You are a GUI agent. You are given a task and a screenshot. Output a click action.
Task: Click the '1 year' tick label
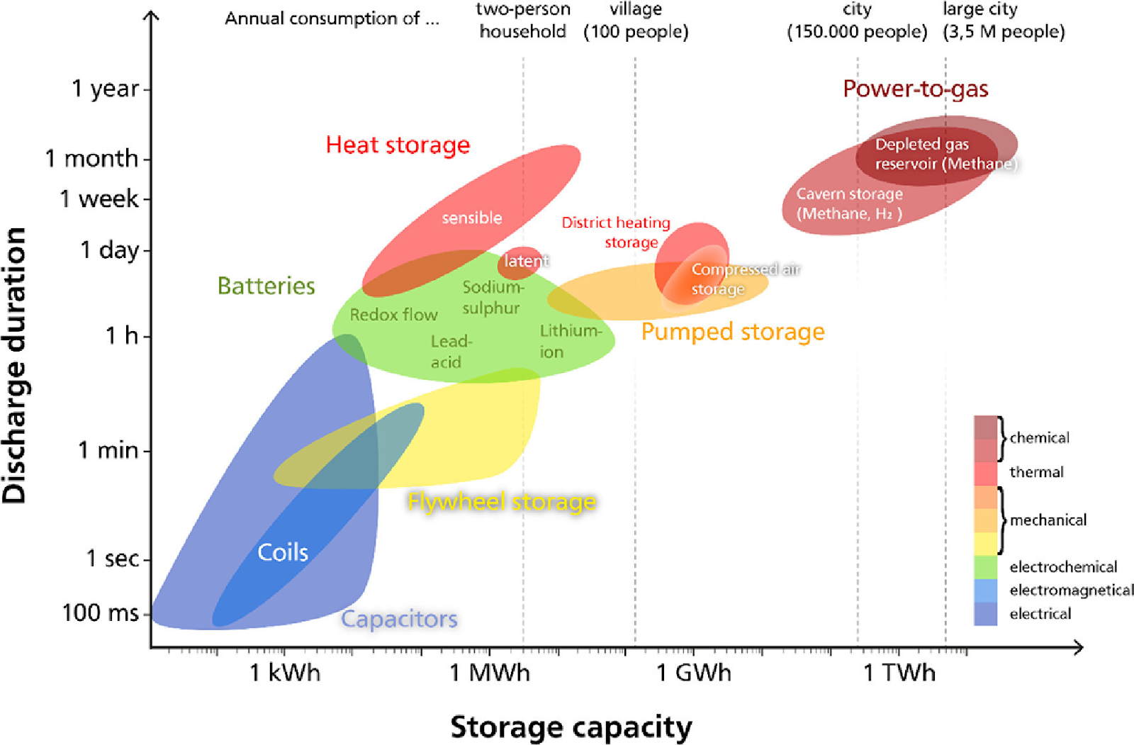coord(105,89)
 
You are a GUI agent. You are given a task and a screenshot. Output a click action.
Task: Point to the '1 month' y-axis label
coord(91,158)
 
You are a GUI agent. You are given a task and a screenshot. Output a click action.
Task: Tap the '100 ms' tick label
coord(100,612)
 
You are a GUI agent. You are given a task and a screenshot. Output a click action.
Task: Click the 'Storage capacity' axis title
coord(571,727)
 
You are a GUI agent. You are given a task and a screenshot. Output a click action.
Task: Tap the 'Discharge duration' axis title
coord(14,366)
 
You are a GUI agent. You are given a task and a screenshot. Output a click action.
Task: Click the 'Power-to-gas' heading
coord(915,89)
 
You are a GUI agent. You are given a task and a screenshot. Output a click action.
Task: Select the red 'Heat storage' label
coord(398,145)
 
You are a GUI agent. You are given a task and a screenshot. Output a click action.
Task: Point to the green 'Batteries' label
coord(266,286)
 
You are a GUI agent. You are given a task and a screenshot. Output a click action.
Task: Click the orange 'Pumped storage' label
coord(733,332)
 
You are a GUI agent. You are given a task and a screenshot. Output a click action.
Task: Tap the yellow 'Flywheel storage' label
coord(502,502)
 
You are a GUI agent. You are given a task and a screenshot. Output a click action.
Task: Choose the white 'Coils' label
coord(283,552)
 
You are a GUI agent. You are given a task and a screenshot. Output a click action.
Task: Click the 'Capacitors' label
coord(399,619)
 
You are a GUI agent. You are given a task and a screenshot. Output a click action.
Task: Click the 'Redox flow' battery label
coord(393,315)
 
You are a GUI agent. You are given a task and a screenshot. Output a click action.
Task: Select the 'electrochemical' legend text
coord(1063,566)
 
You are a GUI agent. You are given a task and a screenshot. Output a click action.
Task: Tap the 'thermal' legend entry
coord(1036,472)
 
